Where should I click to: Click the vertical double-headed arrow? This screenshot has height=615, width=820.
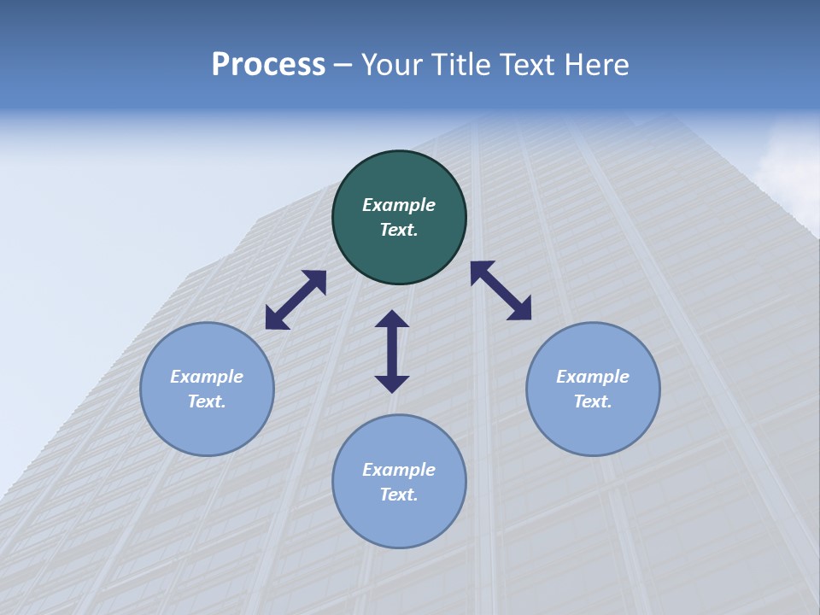392,351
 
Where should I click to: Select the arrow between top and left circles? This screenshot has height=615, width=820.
296,300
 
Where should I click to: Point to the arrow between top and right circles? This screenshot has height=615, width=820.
501,290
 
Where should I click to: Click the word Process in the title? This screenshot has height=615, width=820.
268,64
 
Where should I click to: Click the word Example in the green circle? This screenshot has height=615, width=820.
399,205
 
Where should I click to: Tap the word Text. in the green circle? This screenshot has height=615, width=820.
399,230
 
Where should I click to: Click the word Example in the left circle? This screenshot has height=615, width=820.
207,377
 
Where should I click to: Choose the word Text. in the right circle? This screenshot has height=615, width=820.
593,401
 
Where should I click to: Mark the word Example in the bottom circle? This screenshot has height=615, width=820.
399,470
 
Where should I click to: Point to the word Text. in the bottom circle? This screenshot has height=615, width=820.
399,495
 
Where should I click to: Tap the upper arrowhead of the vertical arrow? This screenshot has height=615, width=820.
392,319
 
